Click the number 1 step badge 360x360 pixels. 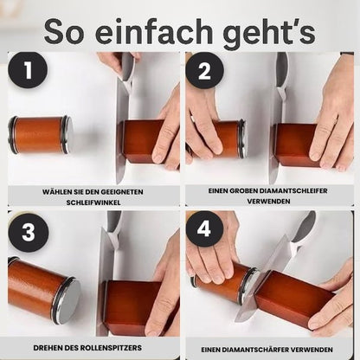pyautogui.click(x=28, y=70)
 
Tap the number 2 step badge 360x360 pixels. pyautogui.click(x=204, y=70)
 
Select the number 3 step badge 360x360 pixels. pyautogui.click(x=28, y=233)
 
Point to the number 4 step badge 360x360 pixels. pyautogui.click(x=204, y=229)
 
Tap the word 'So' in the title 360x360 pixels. pyautogui.click(x=64, y=32)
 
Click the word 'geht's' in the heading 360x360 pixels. pyautogui.click(x=269, y=33)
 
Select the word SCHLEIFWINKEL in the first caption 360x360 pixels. pyautogui.click(x=93, y=202)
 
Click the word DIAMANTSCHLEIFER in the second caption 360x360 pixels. pyautogui.click(x=293, y=191)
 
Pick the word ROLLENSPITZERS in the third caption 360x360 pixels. pyautogui.click(x=111, y=348)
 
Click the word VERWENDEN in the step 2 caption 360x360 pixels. pyautogui.click(x=268, y=202)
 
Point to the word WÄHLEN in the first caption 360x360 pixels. pyautogui.click(x=56, y=192)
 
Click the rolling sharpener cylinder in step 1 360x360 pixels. pyautogui.click(x=41, y=135)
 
